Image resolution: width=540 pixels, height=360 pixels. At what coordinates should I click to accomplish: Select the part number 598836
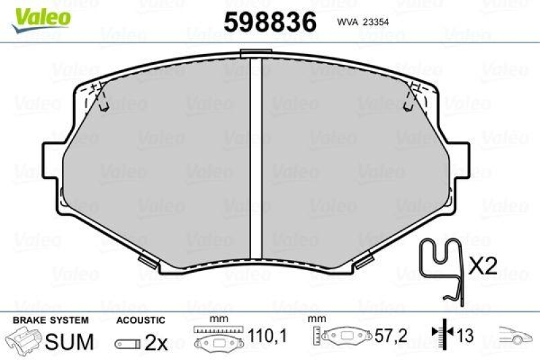point(270,22)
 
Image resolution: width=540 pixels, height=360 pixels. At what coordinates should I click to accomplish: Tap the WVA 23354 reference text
point(362,22)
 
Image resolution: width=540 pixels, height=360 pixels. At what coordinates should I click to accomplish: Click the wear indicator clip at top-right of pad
point(410,97)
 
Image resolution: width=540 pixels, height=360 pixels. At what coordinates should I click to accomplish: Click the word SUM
point(69,342)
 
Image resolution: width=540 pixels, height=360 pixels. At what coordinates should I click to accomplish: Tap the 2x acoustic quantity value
point(156,342)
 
